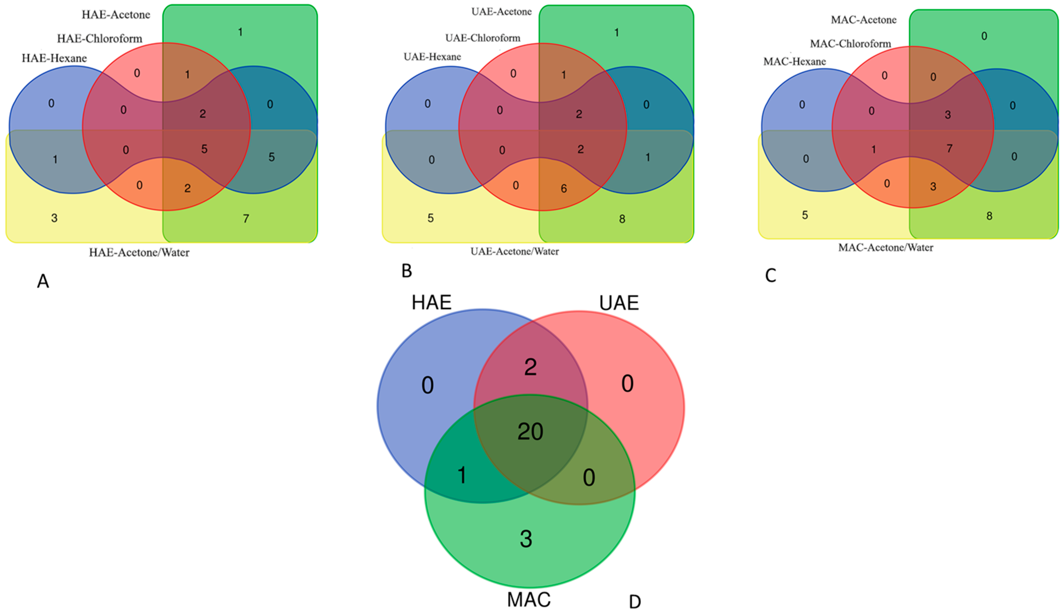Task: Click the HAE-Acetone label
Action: (x=116, y=15)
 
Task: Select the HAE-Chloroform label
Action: (x=100, y=39)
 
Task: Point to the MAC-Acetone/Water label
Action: (x=885, y=248)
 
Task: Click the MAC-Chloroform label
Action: (x=850, y=44)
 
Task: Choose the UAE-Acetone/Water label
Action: (x=514, y=252)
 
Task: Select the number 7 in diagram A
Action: (x=246, y=219)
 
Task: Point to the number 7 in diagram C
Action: (x=949, y=149)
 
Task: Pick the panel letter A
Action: (x=43, y=281)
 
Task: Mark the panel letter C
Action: (x=770, y=276)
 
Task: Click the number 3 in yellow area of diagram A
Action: (x=54, y=218)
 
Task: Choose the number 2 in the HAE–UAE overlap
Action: (x=530, y=367)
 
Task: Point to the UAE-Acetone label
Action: (x=501, y=12)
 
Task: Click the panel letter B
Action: (x=406, y=271)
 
